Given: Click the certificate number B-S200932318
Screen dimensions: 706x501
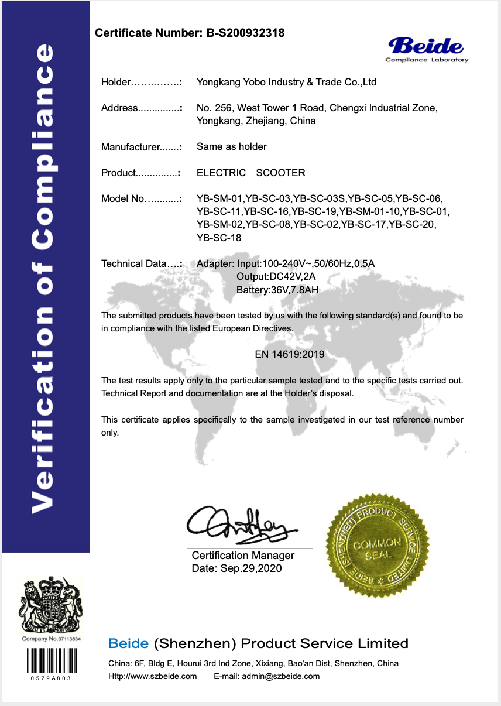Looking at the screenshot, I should [245, 33].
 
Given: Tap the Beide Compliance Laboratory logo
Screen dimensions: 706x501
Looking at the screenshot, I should [427, 49].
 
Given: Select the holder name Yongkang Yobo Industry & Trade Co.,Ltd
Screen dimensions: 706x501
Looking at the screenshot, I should [286, 83].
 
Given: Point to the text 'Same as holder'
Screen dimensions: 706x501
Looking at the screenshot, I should [232, 146].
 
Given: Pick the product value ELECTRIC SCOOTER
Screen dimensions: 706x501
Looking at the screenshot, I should [250, 173].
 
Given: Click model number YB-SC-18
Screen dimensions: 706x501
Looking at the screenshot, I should [219, 238].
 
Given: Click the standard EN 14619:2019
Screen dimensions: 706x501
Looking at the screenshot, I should [290, 354].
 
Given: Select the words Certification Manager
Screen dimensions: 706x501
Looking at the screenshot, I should [243, 556].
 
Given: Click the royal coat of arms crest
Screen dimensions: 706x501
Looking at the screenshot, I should [51, 605].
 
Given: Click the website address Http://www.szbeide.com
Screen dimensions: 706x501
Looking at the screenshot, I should [153, 677].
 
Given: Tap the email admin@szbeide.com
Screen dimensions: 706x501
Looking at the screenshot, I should [267, 677].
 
